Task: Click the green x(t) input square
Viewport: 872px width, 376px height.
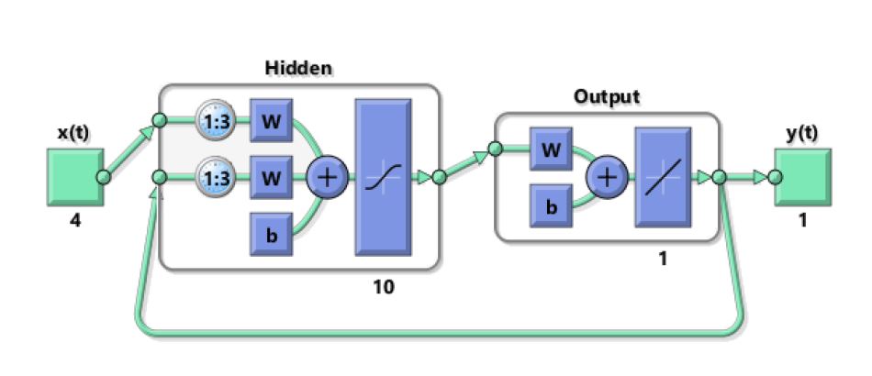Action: (x=73, y=177)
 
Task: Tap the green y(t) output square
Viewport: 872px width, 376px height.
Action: (x=801, y=177)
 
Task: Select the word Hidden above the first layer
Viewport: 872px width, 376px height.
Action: (x=298, y=68)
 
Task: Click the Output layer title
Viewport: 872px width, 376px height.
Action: (x=607, y=96)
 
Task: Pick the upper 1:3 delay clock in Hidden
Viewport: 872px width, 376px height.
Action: (x=216, y=120)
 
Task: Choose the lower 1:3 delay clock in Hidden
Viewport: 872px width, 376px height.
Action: (x=216, y=178)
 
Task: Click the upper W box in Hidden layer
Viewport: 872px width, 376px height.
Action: (x=271, y=120)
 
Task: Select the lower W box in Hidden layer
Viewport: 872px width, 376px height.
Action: (x=271, y=178)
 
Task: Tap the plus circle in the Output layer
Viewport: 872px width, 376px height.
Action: (x=605, y=177)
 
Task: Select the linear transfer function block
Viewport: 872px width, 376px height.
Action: (x=663, y=177)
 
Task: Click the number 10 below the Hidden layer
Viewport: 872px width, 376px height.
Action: (x=383, y=288)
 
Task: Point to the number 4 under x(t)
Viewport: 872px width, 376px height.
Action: (x=73, y=221)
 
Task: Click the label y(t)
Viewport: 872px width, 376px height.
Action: (x=802, y=132)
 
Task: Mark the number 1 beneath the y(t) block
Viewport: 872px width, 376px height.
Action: (x=802, y=221)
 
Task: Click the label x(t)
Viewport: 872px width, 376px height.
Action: (x=73, y=132)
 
